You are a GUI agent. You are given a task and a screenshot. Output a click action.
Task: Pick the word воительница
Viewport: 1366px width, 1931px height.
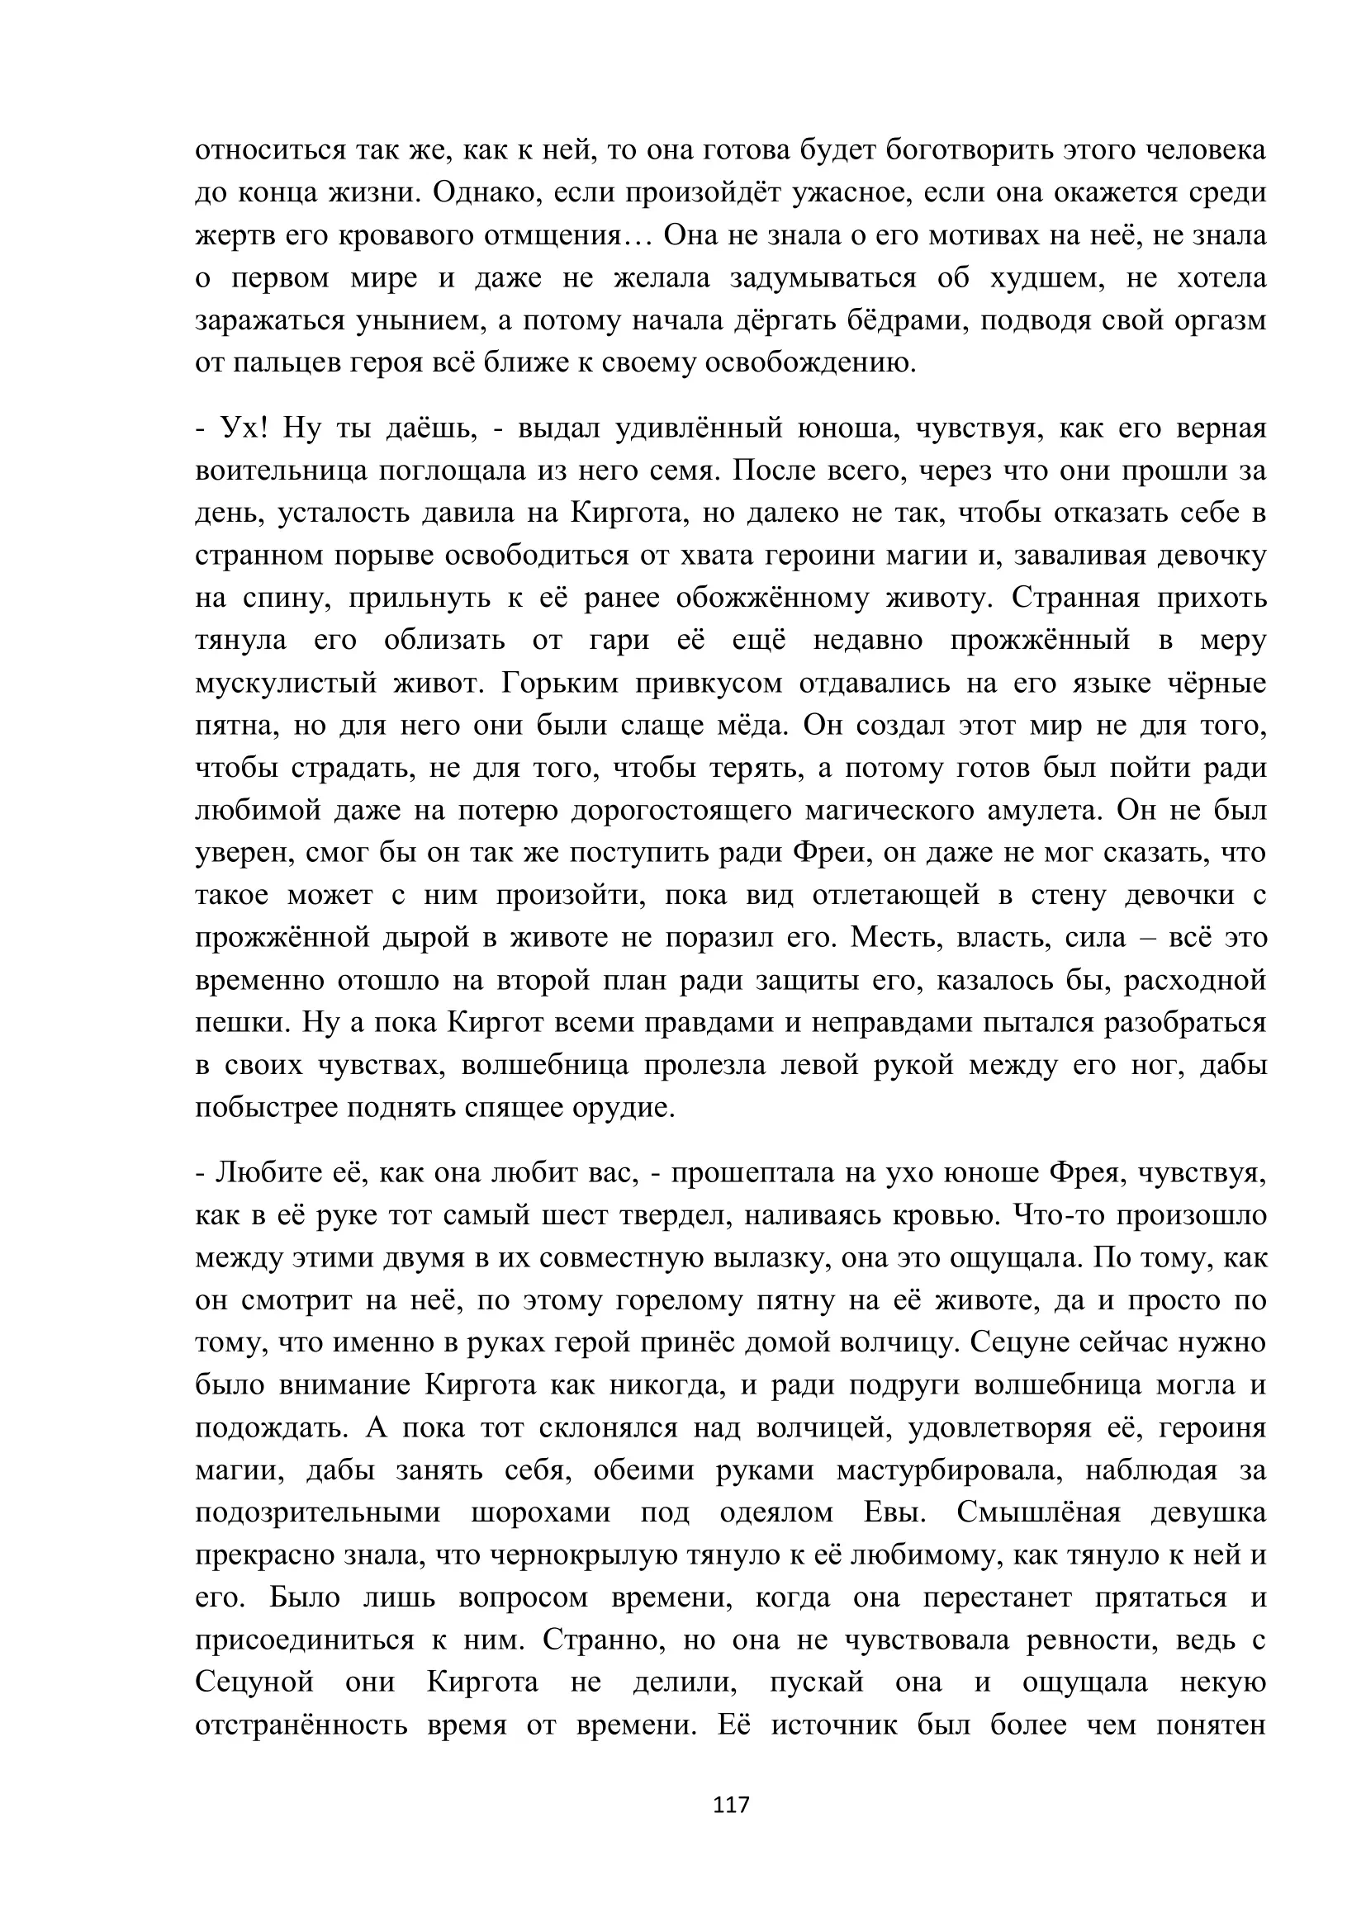[x=281, y=470]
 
